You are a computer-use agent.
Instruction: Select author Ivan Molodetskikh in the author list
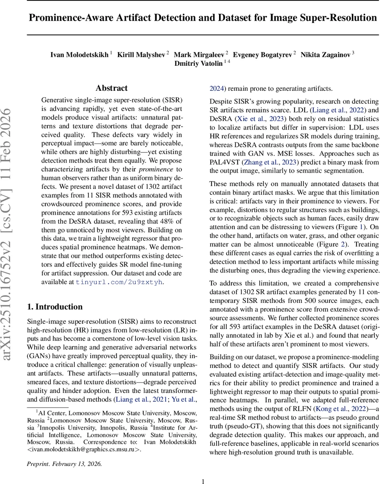click(79, 54)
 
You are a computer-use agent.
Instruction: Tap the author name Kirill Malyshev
click(141, 54)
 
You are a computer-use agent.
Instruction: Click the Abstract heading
click(111, 88)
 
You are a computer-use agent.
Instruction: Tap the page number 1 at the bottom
click(203, 481)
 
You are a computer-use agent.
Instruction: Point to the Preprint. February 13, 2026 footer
click(65, 464)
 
